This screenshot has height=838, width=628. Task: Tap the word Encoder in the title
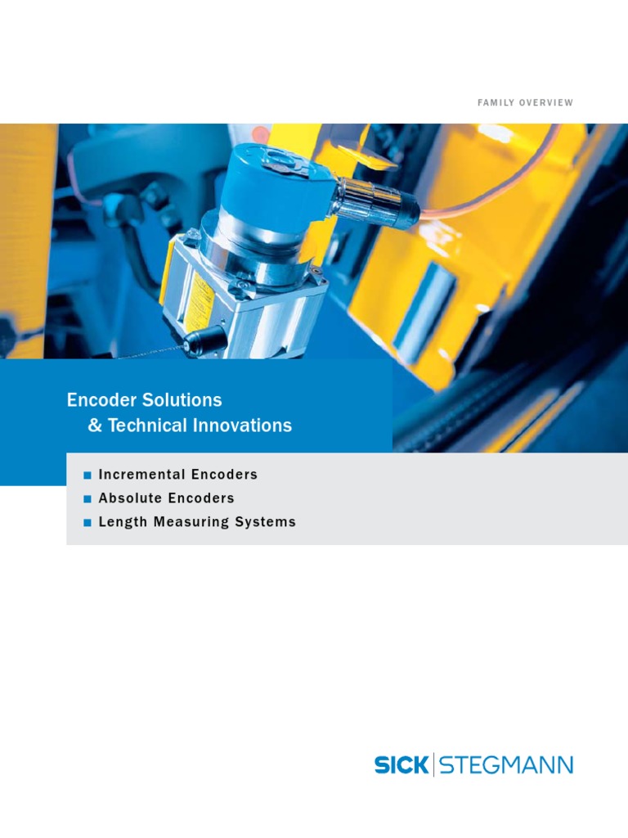[x=99, y=400]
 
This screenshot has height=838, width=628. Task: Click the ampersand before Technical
[x=93, y=426]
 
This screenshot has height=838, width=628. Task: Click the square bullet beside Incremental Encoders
[x=87, y=475]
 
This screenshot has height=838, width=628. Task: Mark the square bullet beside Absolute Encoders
[x=87, y=499]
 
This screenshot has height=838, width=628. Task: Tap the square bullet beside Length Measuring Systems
[x=87, y=523]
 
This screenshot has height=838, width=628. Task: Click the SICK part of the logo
[x=401, y=765]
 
